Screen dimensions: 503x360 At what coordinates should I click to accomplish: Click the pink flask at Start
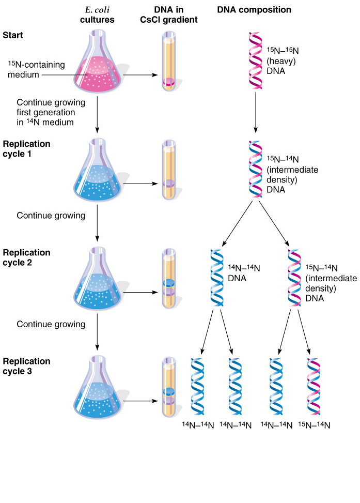coord(100,67)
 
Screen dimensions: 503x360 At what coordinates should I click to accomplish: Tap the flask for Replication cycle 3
coord(100,393)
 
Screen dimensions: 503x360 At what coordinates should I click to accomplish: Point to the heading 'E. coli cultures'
coord(98,15)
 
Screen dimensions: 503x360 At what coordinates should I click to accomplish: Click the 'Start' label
coord(12,35)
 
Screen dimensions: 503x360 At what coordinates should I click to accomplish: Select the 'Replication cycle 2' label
coord(27,257)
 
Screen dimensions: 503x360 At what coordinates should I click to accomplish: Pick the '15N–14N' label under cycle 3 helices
coord(314,425)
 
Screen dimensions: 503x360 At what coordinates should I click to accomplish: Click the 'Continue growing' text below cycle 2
coord(51,325)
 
